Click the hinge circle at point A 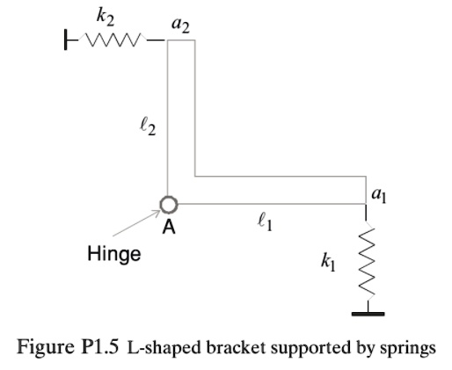(169, 205)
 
